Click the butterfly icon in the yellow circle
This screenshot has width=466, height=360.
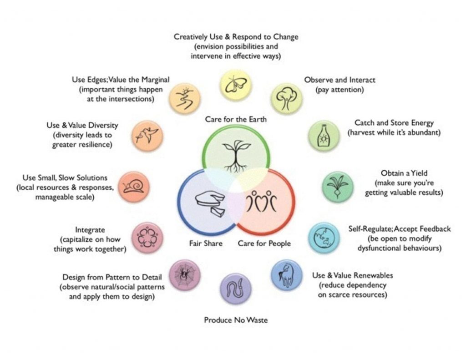coord(236,85)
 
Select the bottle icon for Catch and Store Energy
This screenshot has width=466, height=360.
coord(323,136)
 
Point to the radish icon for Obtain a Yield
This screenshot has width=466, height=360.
coord(338,186)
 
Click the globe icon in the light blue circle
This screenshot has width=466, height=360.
coord(324,238)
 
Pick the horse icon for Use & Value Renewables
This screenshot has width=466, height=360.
coord(286,275)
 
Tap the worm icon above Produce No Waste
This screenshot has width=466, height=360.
coord(235,289)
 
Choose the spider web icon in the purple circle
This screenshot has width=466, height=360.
coord(184,275)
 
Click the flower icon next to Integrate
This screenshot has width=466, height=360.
coord(147,238)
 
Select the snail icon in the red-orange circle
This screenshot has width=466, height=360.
coord(134,187)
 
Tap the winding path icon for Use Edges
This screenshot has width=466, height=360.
coord(184,98)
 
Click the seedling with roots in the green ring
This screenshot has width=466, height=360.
coord(236,156)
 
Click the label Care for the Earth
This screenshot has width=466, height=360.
coord(236,119)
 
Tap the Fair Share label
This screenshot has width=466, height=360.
coord(206,243)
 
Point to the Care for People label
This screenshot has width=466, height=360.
coord(264,243)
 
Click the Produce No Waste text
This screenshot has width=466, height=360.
coord(236,320)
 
